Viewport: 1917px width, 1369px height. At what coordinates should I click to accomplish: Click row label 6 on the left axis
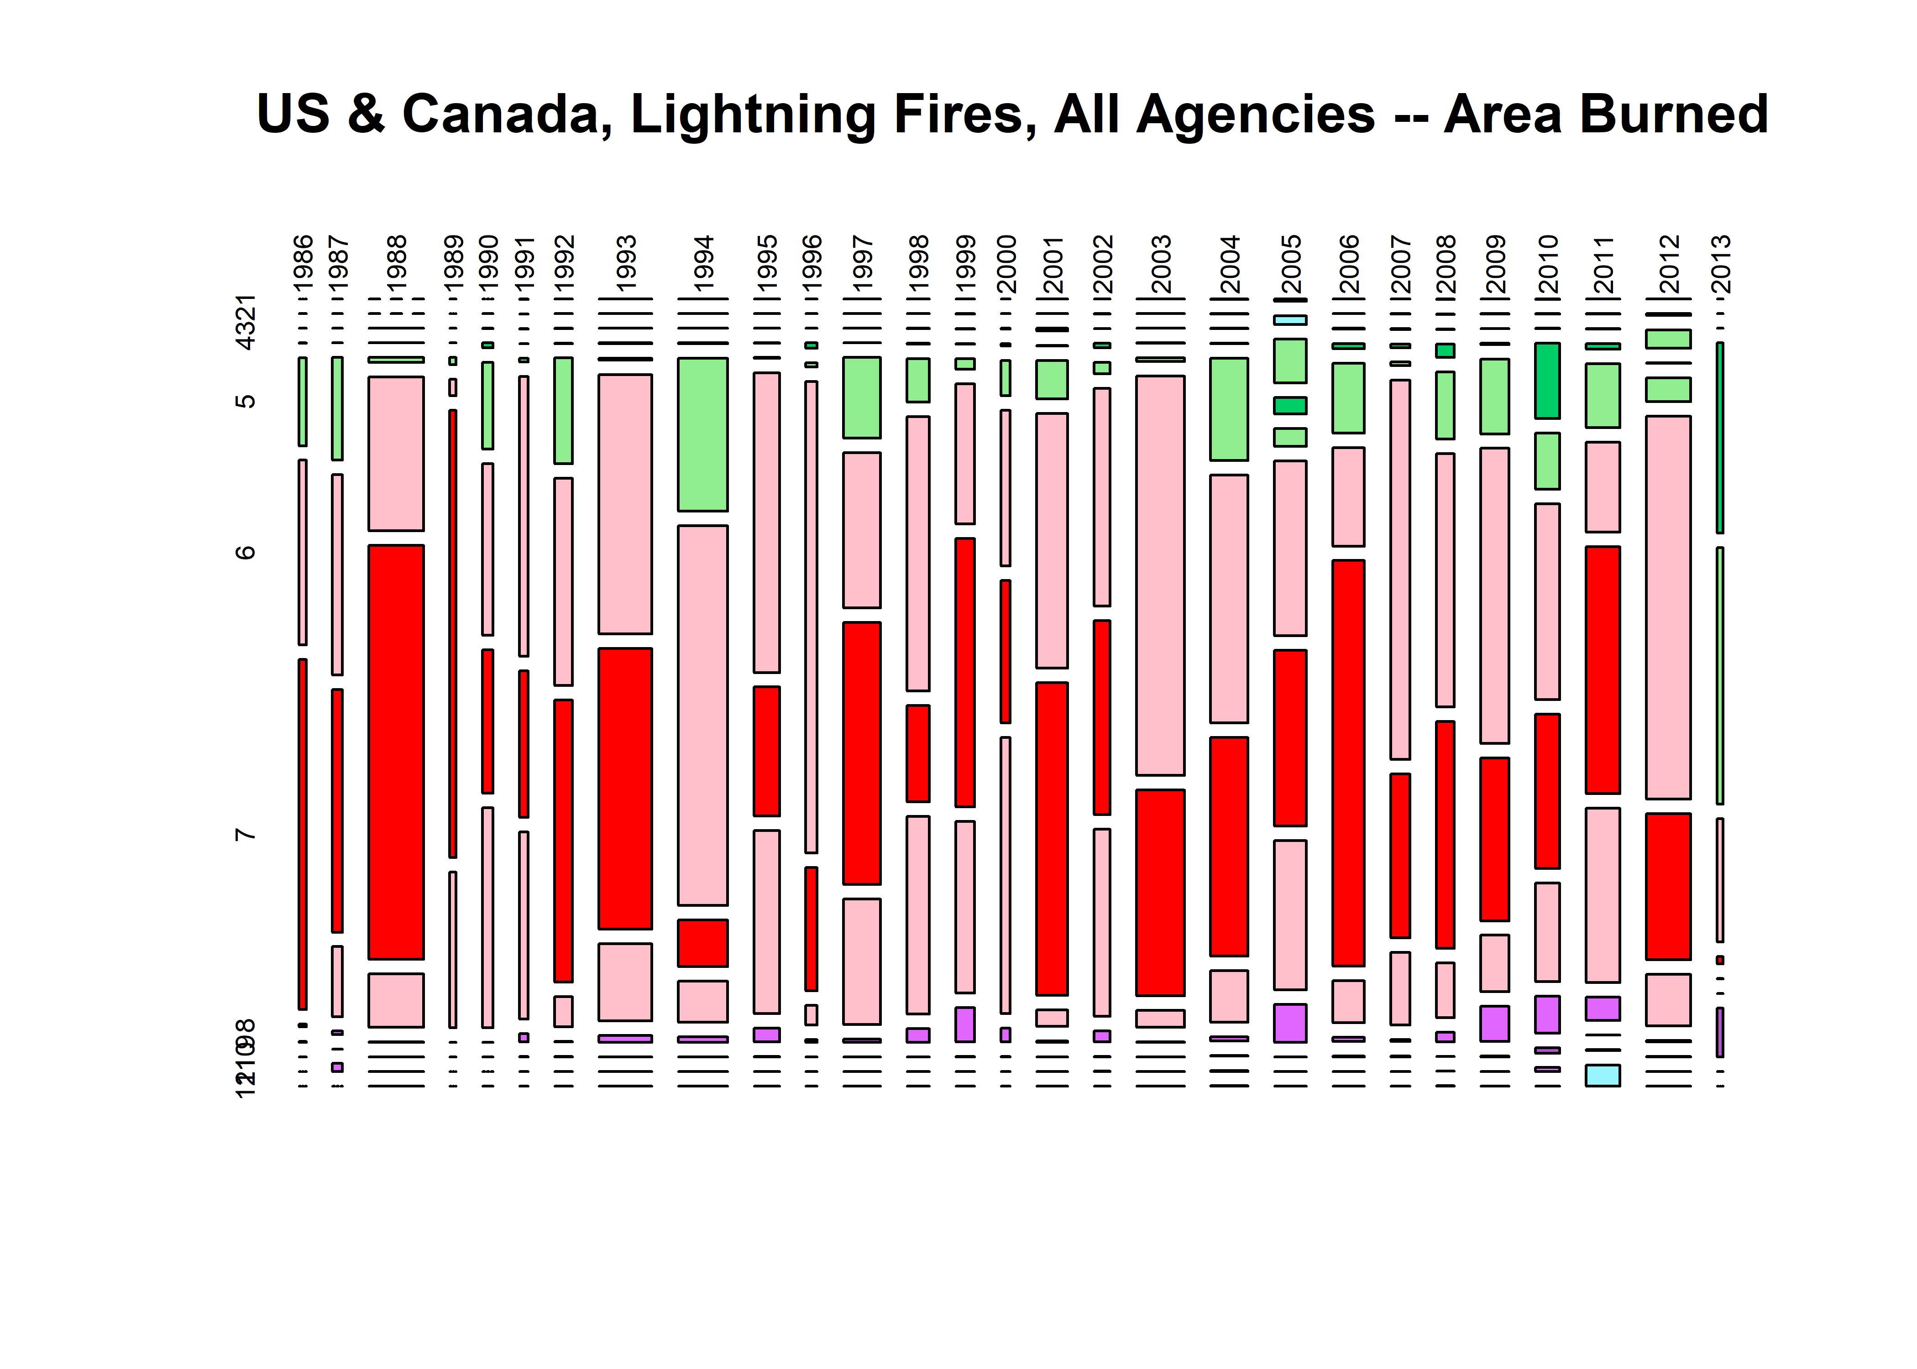pyautogui.click(x=245, y=552)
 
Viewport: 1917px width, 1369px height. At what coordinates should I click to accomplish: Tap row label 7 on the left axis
pyautogui.click(x=245, y=835)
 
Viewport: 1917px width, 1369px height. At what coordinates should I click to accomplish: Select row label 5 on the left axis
pyautogui.click(x=245, y=400)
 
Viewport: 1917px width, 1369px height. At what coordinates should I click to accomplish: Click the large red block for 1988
pyautogui.click(x=396, y=752)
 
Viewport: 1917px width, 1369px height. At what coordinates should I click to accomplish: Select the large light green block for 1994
pyautogui.click(x=702, y=434)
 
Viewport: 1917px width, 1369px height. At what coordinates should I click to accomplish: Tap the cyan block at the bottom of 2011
pyautogui.click(x=1603, y=1076)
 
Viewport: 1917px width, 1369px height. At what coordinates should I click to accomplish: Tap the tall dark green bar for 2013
pyautogui.click(x=1720, y=438)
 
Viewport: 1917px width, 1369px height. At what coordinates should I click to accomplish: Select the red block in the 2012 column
pyautogui.click(x=1668, y=886)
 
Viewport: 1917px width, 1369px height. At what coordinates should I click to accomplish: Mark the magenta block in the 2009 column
pyautogui.click(x=1495, y=1024)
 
